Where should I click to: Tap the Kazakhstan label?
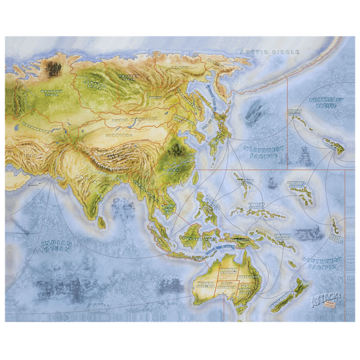click(37, 131)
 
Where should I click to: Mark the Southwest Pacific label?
click(322, 263)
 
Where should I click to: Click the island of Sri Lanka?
click(102, 222)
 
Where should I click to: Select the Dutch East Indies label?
click(196, 238)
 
